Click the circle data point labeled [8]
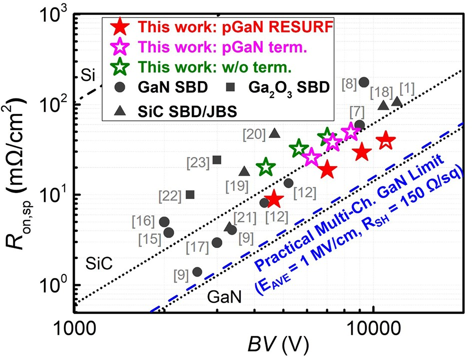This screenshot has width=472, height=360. [x=364, y=82]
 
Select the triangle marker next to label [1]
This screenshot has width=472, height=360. [x=397, y=102]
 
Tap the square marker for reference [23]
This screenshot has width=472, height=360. [x=217, y=160]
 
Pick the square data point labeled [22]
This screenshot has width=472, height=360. [x=190, y=194]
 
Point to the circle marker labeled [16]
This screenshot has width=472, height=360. [x=164, y=222]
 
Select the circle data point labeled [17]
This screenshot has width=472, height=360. [x=217, y=242]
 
